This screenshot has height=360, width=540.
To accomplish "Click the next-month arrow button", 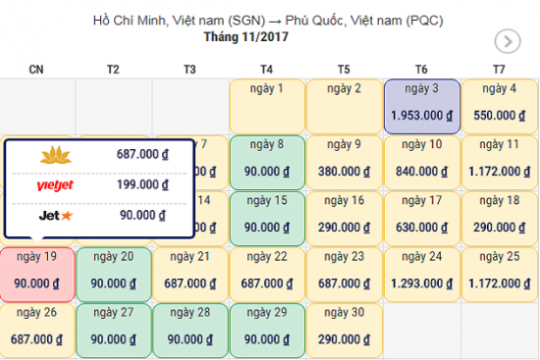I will (x=508, y=41).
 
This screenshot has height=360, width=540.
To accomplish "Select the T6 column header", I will (x=420, y=69).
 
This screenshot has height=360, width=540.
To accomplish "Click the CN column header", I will (x=36, y=69).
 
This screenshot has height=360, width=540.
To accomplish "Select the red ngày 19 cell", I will (x=38, y=275).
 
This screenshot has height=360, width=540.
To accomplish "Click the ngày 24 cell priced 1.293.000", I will (x=420, y=275).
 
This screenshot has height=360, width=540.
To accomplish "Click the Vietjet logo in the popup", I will (x=55, y=184).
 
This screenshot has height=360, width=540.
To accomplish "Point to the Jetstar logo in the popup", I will (x=55, y=214).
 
